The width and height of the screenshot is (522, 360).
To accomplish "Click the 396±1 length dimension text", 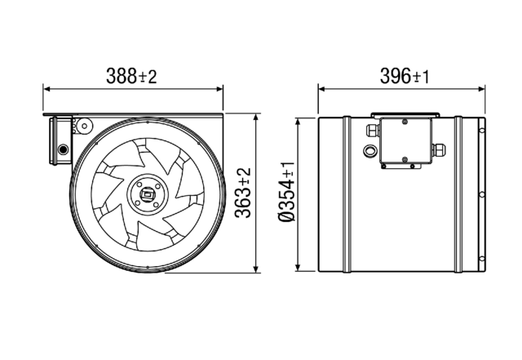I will [404, 76].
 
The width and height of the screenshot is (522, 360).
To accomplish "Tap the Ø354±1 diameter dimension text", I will [288, 193].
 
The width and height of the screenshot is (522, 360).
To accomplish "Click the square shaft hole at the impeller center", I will [147, 193].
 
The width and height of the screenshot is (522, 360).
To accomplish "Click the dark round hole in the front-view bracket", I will [63, 149].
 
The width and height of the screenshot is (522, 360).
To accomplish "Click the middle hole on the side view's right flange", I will [484, 193].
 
